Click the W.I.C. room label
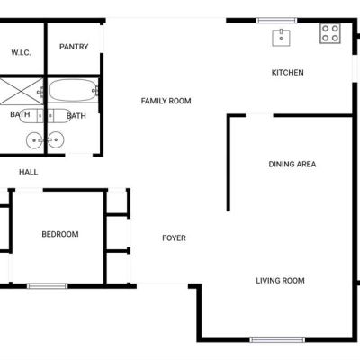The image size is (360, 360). click(x=21, y=53)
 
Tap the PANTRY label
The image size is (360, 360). click(x=74, y=47)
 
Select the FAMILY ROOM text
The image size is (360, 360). click(x=166, y=101)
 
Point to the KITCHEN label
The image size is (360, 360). click(x=287, y=73)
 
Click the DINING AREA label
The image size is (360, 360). click(x=292, y=165)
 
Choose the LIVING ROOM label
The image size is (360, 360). click(x=280, y=281)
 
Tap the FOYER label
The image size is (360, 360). click(x=174, y=238)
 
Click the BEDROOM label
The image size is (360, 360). click(x=60, y=234)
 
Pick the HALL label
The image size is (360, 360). click(x=29, y=172)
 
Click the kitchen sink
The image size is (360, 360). click(x=281, y=38)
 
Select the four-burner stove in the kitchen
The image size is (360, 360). click(x=330, y=33)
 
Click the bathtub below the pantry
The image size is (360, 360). click(x=73, y=90)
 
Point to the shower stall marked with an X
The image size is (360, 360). click(x=22, y=91)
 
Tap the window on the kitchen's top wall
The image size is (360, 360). click(x=276, y=21)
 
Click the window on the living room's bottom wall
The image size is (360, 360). click(x=277, y=339)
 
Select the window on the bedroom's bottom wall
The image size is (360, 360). click(x=48, y=286)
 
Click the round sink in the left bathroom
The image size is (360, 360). click(x=34, y=140)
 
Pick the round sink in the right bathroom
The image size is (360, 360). click(x=56, y=140)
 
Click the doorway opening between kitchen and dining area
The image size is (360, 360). click(x=259, y=115)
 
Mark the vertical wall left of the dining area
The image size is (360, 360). click(x=229, y=164)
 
